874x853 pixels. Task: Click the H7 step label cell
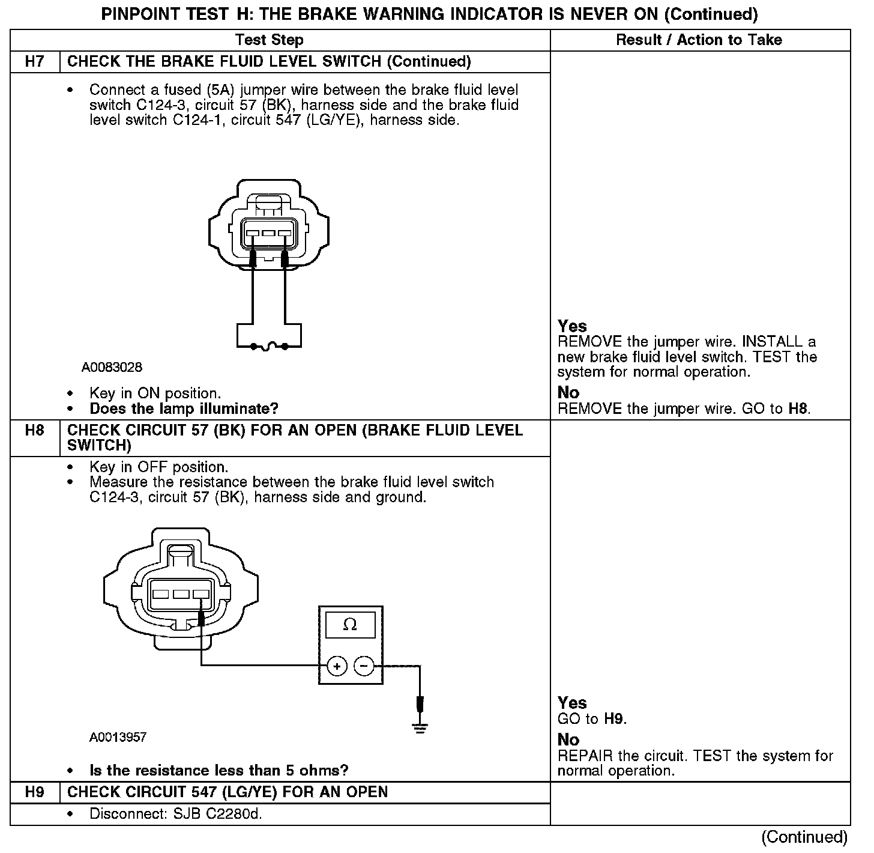click(35, 62)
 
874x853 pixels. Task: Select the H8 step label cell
click(35, 431)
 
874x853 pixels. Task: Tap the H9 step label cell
click(35, 792)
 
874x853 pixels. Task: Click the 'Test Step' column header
click(269, 40)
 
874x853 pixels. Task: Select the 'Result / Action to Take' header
click(699, 40)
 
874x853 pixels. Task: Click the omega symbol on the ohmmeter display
click(350, 625)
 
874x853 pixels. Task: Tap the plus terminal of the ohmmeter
click(337, 666)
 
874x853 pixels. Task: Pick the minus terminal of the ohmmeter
click(364, 666)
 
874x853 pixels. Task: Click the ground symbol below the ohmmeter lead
click(420, 729)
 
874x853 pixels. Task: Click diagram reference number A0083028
click(112, 367)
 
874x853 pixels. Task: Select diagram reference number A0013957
click(118, 737)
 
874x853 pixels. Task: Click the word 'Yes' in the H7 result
click(572, 326)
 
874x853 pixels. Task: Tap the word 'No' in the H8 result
click(568, 739)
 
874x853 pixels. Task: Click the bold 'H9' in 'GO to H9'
click(614, 719)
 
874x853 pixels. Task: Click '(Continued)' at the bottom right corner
click(804, 837)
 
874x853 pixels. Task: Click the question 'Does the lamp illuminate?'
click(184, 409)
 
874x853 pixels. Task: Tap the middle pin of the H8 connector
click(181, 594)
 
